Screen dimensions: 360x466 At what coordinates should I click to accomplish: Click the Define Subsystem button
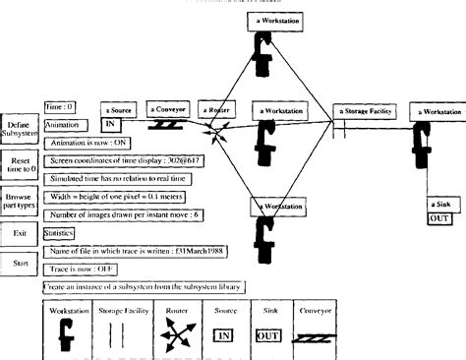tap(21, 130)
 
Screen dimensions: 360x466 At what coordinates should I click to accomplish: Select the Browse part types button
tap(21, 202)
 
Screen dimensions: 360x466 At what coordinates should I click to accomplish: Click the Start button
tap(21, 265)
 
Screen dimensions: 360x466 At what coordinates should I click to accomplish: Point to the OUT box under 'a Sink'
tap(439, 217)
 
